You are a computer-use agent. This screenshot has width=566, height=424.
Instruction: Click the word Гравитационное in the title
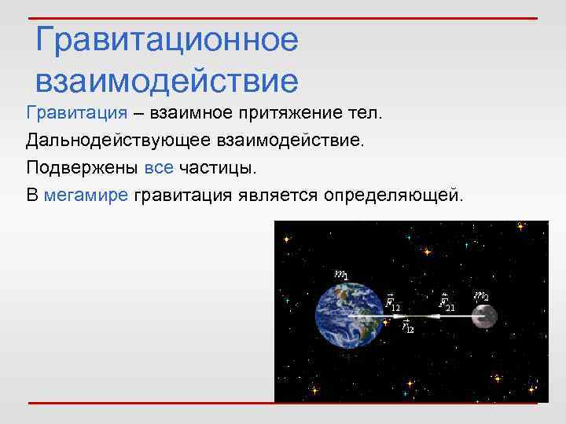point(167,40)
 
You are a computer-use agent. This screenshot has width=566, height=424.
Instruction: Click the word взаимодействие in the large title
point(167,80)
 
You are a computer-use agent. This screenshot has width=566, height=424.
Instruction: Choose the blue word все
point(160,167)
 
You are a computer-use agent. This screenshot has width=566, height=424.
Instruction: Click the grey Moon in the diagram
point(484,316)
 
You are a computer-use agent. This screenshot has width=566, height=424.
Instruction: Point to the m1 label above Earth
point(342,274)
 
